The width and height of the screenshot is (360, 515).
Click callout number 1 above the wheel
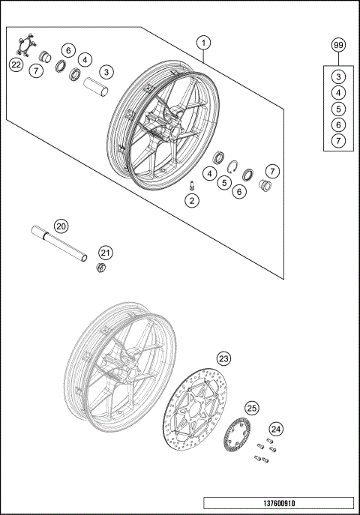(x=203, y=43)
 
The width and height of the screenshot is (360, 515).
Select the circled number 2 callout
(x=192, y=200)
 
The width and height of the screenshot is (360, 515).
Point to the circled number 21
(x=106, y=253)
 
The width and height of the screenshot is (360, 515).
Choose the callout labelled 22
(x=16, y=65)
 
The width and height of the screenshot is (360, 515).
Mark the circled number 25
(x=252, y=409)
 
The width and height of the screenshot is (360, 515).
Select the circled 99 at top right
(x=338, y=46)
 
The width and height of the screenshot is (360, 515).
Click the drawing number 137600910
(x=277, y=504)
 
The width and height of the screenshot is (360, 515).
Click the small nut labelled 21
(x=100, y=268)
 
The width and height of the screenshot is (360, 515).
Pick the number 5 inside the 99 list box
(x=338, y=108)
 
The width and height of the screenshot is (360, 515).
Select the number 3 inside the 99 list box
(x=338, y=76)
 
